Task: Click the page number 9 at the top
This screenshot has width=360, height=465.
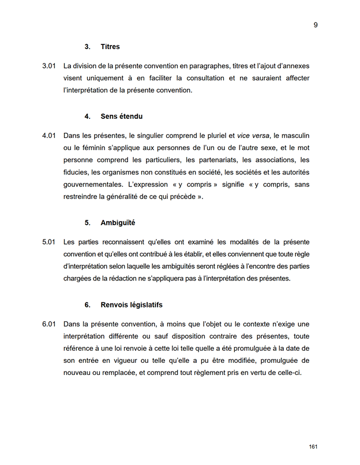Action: point(316,25)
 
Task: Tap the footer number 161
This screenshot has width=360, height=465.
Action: point(313,447)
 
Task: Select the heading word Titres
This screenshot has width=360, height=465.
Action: point(110,47)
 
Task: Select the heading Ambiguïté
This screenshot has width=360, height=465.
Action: point(118,222)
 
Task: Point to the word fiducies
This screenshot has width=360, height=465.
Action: point(77,172)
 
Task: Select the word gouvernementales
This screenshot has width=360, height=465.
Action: point(93,184)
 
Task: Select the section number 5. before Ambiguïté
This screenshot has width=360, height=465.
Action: point(88,222)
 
